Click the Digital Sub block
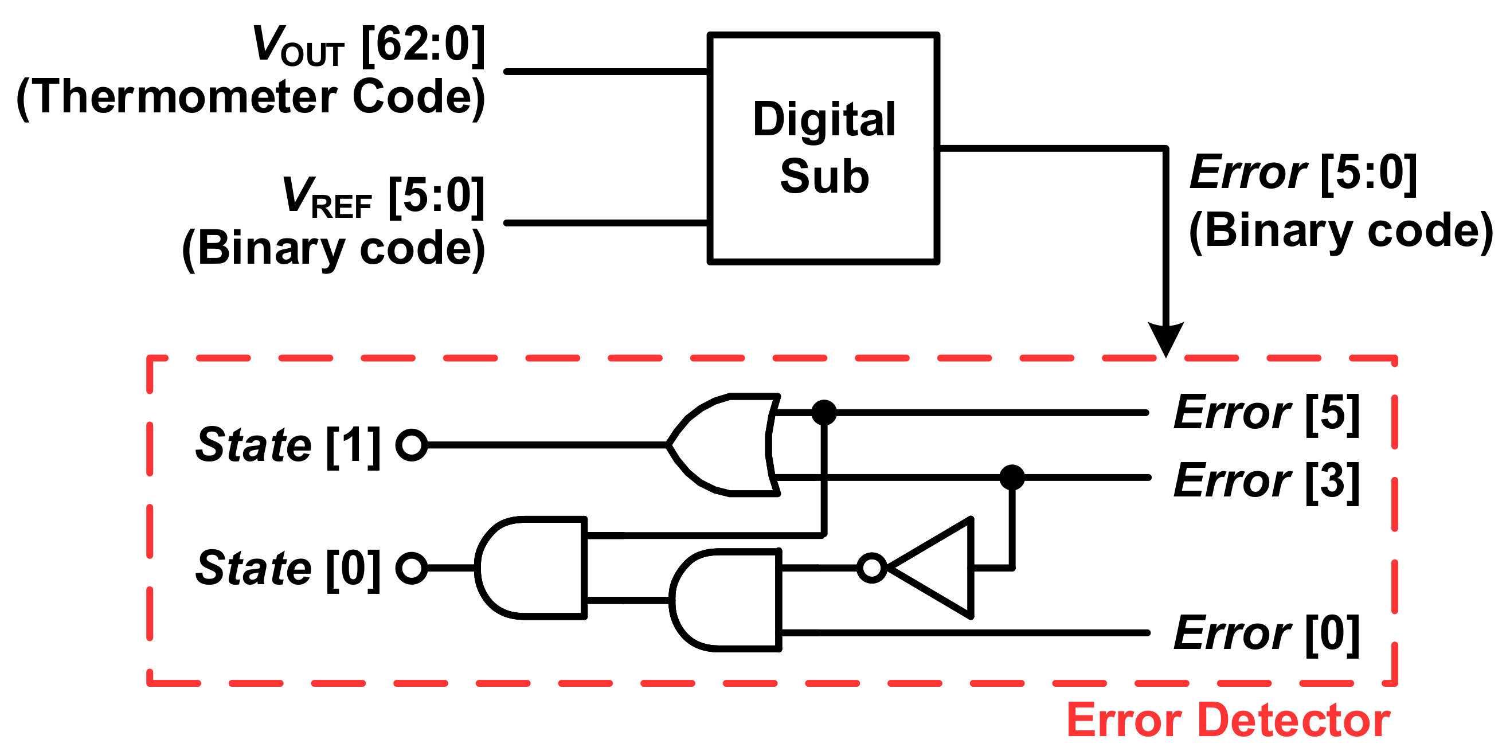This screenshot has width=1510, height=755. tap(823, 148)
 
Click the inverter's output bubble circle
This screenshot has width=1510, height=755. tap(871, 568)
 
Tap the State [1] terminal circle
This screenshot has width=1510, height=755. tap(412, 445)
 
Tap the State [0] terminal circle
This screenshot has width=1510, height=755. tap(412, 568)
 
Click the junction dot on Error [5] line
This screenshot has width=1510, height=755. tap(824, 413)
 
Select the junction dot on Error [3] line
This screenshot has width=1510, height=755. tap(1012, 477)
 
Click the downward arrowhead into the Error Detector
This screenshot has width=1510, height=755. tap(1166, 339)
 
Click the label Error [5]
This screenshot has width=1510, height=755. tap(1266, 413)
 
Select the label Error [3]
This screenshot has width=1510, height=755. tap(1266, 480)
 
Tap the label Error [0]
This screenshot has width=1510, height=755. tap(1266, 633)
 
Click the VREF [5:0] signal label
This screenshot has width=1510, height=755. tap(384, 197)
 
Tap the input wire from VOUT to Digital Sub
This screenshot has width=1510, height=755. tap(607, 72)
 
